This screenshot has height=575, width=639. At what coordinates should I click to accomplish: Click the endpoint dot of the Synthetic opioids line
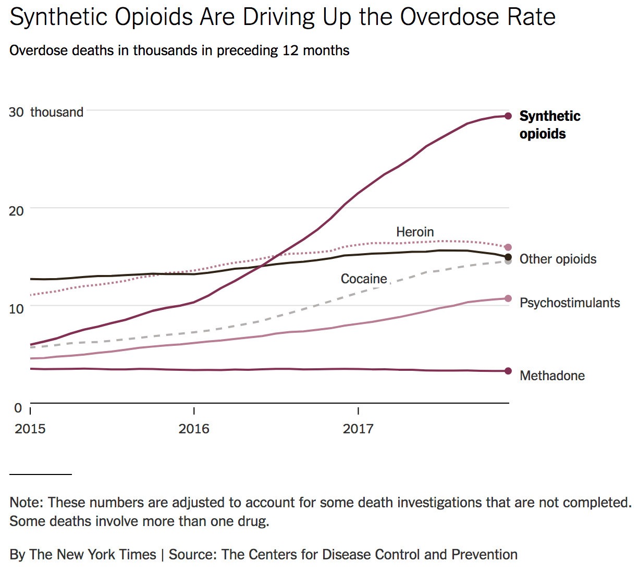click(x=508, y=116)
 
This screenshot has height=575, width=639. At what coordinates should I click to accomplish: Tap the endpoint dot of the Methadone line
click(x=508, y=371)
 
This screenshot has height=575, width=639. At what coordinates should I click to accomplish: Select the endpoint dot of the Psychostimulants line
click(x=508, y=298)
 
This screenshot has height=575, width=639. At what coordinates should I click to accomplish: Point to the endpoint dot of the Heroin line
click(x=508, y=247)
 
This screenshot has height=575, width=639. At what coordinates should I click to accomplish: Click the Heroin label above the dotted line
click(x=415, y=232)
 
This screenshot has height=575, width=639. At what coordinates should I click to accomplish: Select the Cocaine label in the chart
click(x=364, y=279)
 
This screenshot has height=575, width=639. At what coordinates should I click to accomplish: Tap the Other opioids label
click(x=558, y=259)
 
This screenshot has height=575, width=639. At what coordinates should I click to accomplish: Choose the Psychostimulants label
click(x=570, y=303)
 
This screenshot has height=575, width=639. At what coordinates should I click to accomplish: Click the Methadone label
click(x=552, y=376)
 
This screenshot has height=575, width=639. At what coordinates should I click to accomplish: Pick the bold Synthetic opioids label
click(x=549, y=124)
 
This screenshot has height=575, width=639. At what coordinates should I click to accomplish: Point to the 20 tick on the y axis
click(x=16, y=210)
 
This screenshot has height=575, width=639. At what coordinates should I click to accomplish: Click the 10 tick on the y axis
click(x=16, y=308)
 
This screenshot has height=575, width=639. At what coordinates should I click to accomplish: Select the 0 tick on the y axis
click(x=18, y=408)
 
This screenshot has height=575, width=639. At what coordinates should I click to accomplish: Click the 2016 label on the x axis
click(x=194, y=429)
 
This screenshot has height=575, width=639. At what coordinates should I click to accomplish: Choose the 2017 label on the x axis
click(x=358, y=429)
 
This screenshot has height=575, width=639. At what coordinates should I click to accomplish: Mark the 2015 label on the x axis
click(x=30, y=429)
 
